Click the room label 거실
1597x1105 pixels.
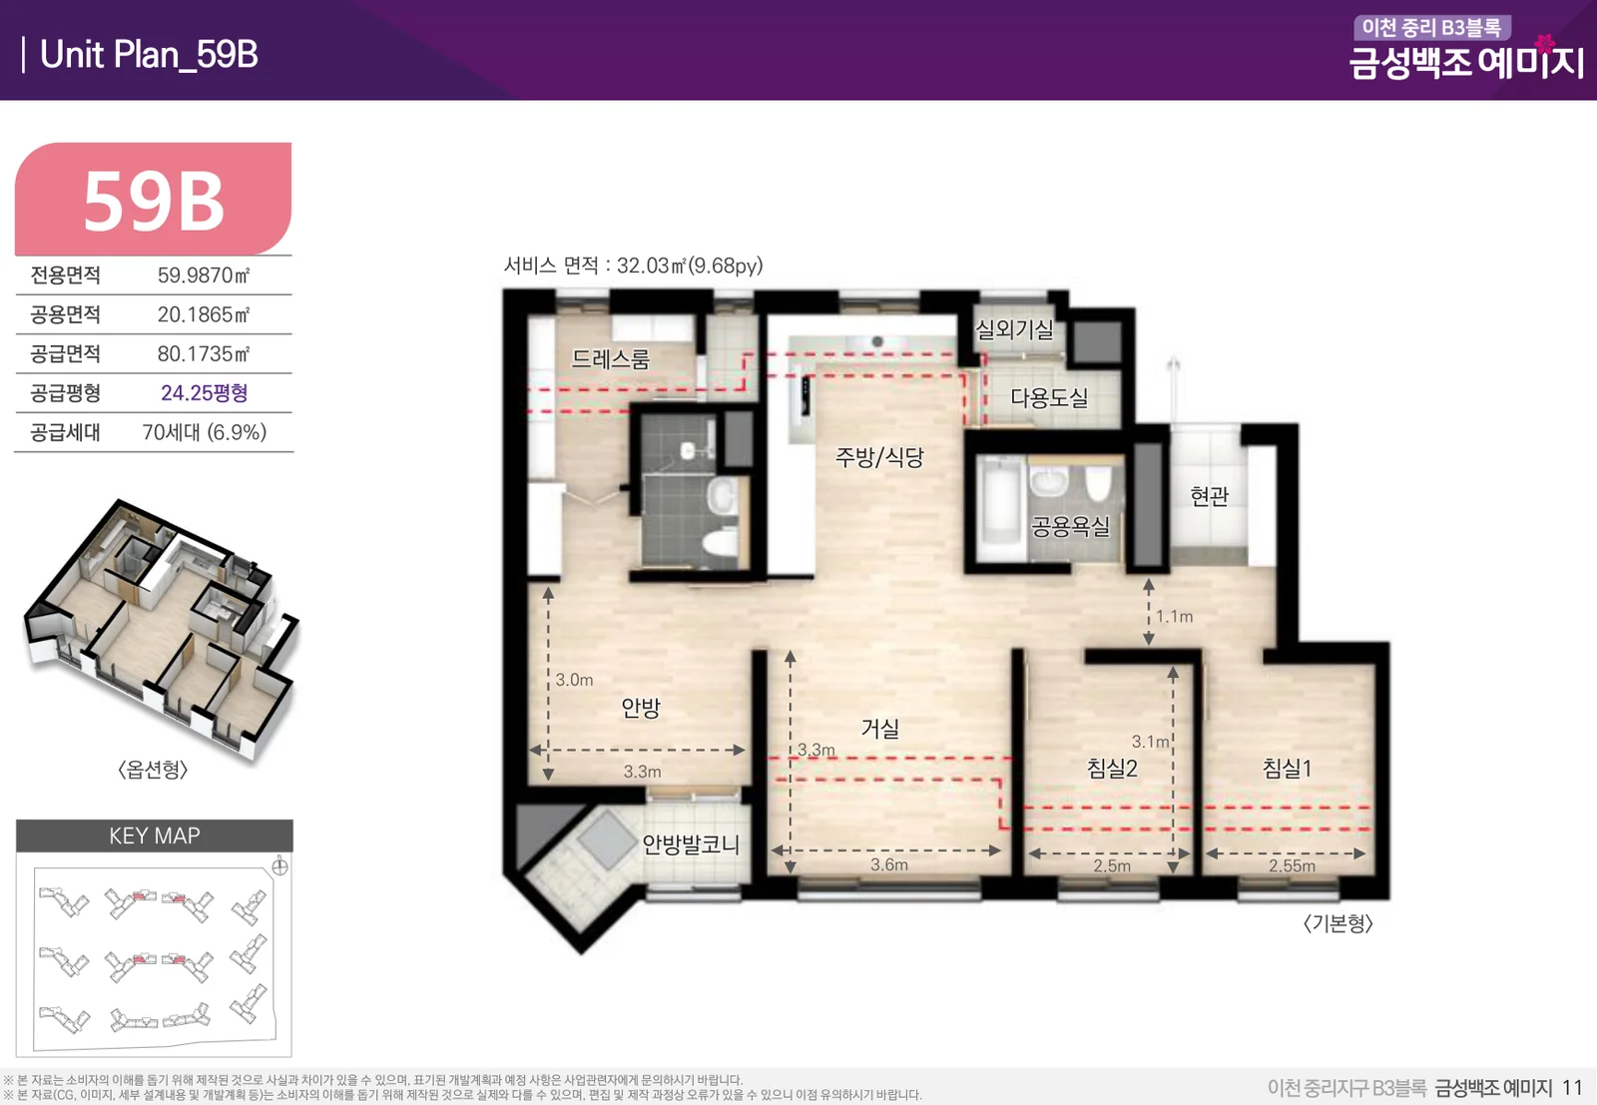[x=879, y=728]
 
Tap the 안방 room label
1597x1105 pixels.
[x=641, y=707]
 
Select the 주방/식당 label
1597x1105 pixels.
[x=879, y=456]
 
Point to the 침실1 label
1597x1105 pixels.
[x=1287, y=768]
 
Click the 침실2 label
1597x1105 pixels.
[x=1112, y=768]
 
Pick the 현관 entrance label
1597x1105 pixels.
[x=1209, y=495]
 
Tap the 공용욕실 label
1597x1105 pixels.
[x=1070, y=526]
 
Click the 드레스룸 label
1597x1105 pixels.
[x=610, y=358]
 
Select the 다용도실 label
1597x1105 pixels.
[x=1049, y=397]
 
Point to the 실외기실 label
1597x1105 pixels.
[x=1014, y=328]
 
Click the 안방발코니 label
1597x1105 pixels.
[x=690, y=844]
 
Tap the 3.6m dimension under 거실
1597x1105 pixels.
[x=889, y=864]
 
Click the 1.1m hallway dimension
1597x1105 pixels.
[x=1174, y=616]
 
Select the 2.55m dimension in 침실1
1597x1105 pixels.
[x=1292, y=865]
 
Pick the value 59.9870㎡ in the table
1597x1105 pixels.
[x=204, y=276]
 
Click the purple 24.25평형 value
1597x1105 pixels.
[x=204, y=393]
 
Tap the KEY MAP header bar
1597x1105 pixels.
[x=155, y=835]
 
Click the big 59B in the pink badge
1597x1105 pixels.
[x=154, y=203]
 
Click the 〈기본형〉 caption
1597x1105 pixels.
[x=1337, y=924]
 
